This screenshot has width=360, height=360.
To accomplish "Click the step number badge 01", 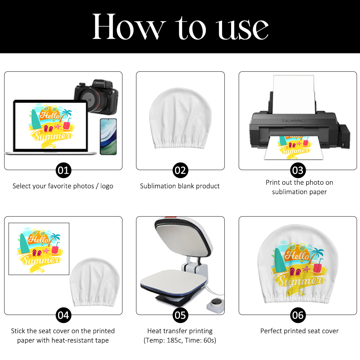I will (x=63, y=170).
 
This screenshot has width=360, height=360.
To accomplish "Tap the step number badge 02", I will (x=180, y=170).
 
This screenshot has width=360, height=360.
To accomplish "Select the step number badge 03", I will (x=298, y=170).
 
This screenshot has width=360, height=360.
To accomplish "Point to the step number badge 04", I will (x=63, y=315).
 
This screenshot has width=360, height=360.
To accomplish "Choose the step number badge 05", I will (x=180, y=315).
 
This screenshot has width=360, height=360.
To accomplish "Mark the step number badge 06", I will (x=298, y=315).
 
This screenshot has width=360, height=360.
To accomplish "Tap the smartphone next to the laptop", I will (x=108, y=137).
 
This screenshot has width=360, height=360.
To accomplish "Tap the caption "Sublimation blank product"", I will (x=180, y=186).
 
